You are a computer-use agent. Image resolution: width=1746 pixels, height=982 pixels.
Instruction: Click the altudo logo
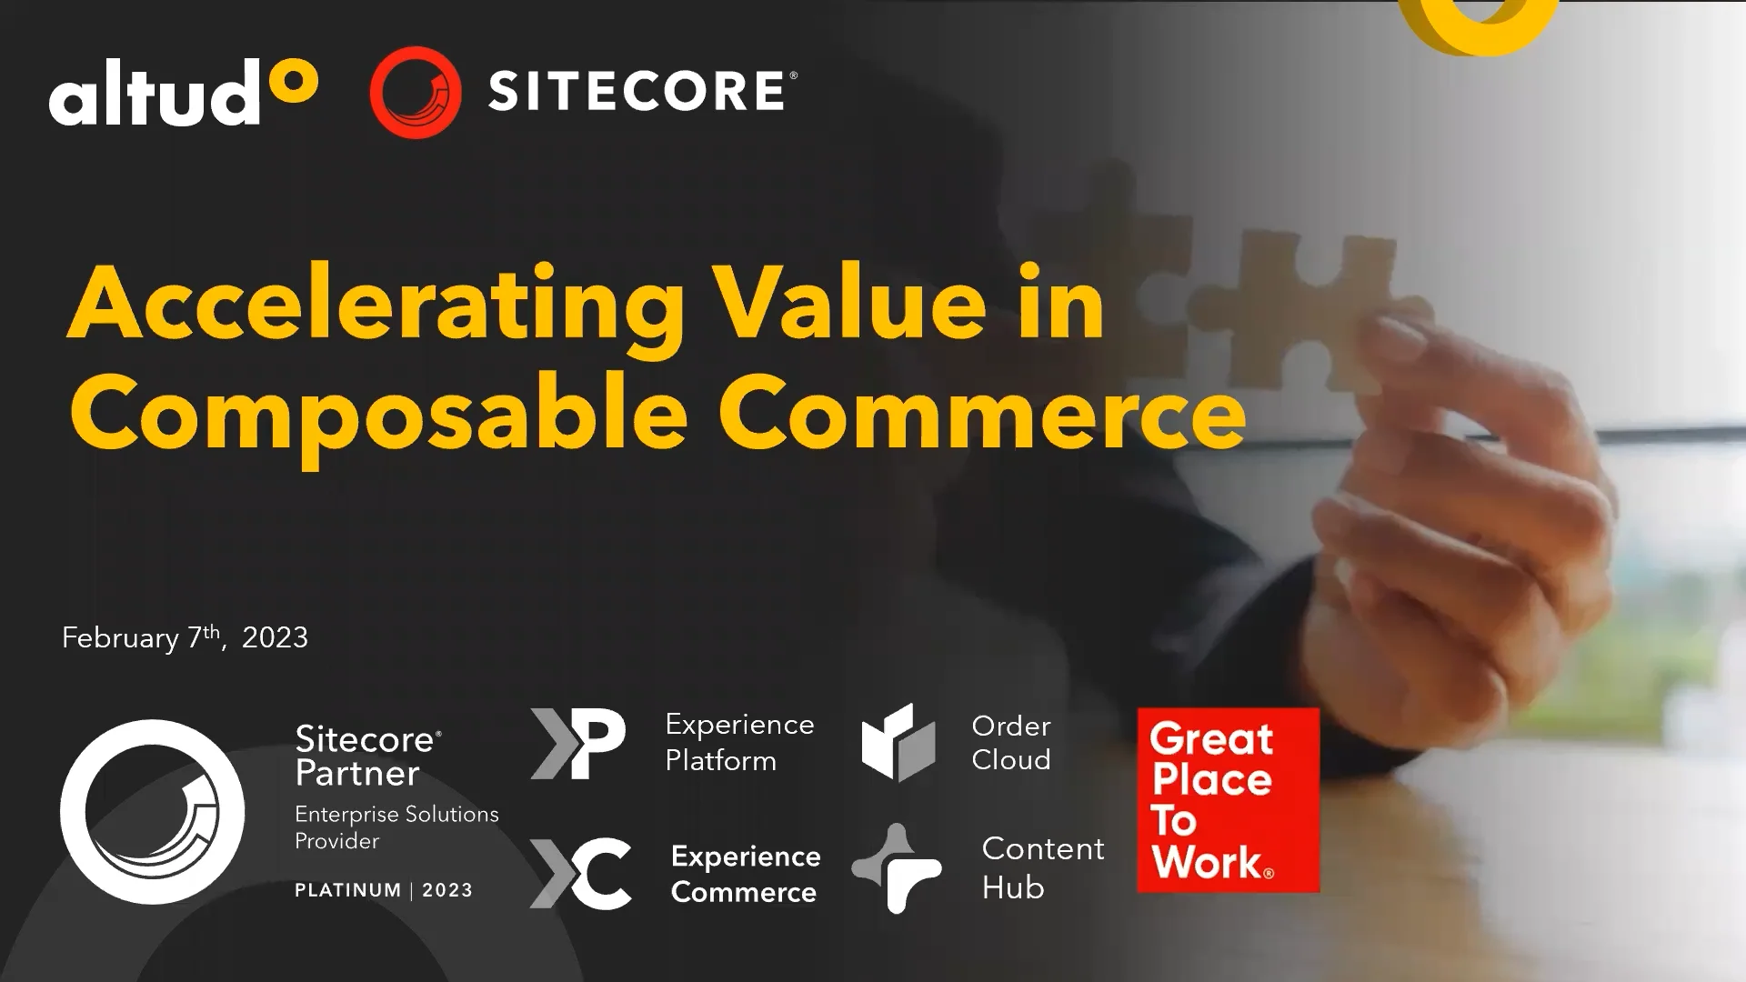click(x=183, y=94)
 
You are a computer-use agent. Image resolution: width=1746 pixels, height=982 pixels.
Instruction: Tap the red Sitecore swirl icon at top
click(x=416, y=92)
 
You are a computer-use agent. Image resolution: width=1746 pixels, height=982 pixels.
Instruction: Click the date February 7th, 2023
click(x=185, y=637)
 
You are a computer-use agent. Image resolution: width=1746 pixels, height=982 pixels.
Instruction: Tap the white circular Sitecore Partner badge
click(x=153, y=811)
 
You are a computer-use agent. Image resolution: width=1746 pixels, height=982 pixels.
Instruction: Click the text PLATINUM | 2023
click(x=383, y=890)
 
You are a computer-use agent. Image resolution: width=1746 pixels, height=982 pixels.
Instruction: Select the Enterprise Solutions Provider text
click(x=396, y=827)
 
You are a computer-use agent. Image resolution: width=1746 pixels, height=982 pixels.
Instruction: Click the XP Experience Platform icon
click(x=578, y=744)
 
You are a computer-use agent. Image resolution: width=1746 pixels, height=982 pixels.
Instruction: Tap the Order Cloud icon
click(x=898, y=742)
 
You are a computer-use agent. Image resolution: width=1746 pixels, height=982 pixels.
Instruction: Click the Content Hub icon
click(x=897, y=868)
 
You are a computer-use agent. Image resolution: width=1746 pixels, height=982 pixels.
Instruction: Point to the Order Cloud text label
click(x=1010, y=742)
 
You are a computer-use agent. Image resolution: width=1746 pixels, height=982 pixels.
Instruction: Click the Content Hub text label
click(x=1042, y=867)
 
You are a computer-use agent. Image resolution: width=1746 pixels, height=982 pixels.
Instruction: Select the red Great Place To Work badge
click(x=1228, y=799)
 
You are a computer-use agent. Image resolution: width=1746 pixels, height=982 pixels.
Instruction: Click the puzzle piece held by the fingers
click(x=1309, y=309)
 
